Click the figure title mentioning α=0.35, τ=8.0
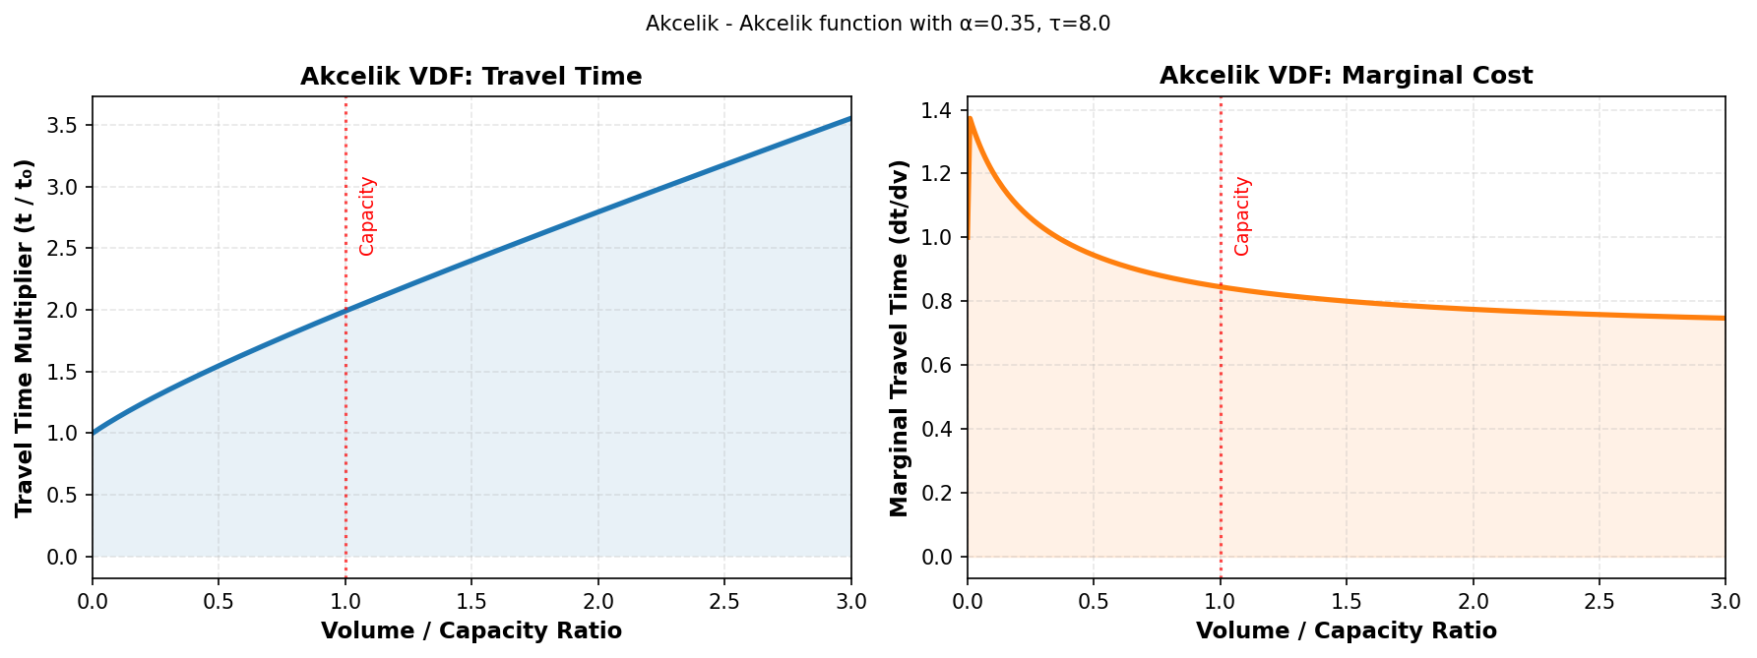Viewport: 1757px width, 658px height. pos(877,24)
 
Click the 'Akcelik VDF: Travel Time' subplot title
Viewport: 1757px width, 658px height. pos(471,77)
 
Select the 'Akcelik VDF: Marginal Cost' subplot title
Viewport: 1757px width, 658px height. pos(1346,76)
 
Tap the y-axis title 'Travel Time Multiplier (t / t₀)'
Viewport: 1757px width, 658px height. pos(25,337)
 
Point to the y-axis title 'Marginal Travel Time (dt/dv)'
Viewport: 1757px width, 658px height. pos(899,337)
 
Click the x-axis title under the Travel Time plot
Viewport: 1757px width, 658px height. pos(471,631)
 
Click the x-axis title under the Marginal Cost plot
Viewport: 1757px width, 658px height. pos(1346,631)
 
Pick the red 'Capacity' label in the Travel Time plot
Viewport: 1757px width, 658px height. pos(367,216)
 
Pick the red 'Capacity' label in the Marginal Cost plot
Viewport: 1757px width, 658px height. pos(1242,216)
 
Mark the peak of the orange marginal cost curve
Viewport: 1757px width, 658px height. pos(971,118)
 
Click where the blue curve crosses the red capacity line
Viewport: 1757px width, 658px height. pos(345,311)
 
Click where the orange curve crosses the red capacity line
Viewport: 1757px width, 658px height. pos(1221,287)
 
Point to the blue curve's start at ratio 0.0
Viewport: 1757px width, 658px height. pos(94,433)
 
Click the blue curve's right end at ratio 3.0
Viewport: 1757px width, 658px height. pos(849,119)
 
